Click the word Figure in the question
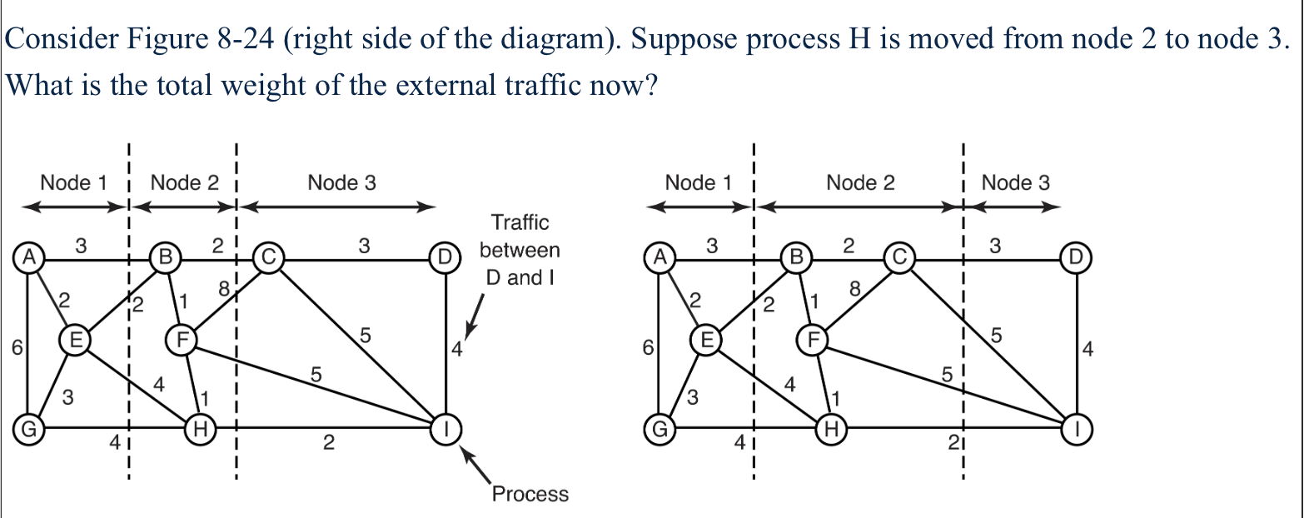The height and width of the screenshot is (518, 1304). coord(166,40)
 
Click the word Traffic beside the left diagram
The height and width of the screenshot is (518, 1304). coord(520,222)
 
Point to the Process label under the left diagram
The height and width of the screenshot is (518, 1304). coord(530,494)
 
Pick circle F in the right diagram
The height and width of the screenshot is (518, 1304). coord(813,339)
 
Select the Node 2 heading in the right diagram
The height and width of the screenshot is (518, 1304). coord(860,183)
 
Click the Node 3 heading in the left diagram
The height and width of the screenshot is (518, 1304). coord(341,183)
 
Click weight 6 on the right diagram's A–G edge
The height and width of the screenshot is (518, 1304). coord(645,349)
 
